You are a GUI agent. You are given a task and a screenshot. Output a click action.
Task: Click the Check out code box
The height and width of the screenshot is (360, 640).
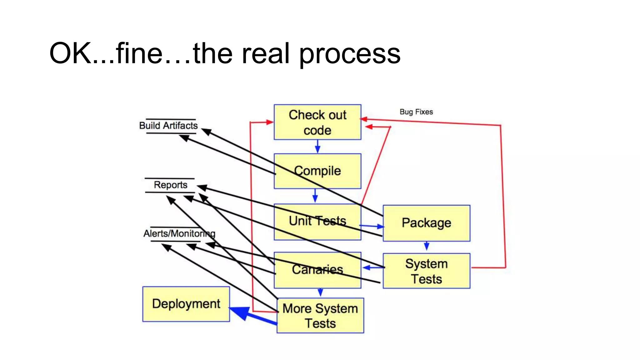click(317, 122)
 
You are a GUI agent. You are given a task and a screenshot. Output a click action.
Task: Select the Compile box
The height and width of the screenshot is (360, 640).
click(317, 171)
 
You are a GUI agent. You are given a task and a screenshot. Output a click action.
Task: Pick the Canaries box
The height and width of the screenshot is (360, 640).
click(317, 270)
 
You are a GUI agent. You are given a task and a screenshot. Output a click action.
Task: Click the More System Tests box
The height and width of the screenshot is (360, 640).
click(320, 316)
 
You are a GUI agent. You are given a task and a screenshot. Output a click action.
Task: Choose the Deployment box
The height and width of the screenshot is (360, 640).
click(186, 304)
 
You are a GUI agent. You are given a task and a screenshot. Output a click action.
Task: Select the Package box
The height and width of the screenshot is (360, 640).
click(426, 223)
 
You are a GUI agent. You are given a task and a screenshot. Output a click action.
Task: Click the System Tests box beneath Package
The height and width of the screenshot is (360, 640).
click(426, 271)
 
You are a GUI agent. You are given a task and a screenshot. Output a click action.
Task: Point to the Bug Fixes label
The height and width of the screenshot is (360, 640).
click(416, 112)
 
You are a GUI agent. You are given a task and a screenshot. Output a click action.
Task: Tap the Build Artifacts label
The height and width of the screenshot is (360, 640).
click(168, 126)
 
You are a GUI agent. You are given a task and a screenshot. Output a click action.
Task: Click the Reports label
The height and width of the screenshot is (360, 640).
click(170, 185)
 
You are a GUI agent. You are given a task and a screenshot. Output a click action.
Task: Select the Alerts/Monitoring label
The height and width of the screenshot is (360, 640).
click(179, 234)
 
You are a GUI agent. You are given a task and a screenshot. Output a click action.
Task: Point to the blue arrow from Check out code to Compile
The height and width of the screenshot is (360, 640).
click(317, 146)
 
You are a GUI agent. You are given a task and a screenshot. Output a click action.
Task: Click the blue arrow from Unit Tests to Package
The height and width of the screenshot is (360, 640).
click(372, 226)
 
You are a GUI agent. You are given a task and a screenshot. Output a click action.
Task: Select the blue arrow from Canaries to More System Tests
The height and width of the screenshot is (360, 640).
click(320, 292)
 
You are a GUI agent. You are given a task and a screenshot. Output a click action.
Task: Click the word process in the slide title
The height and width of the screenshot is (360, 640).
click(350, 54)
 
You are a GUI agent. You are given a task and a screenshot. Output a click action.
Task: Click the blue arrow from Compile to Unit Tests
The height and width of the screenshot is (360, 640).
click(315, 196)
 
